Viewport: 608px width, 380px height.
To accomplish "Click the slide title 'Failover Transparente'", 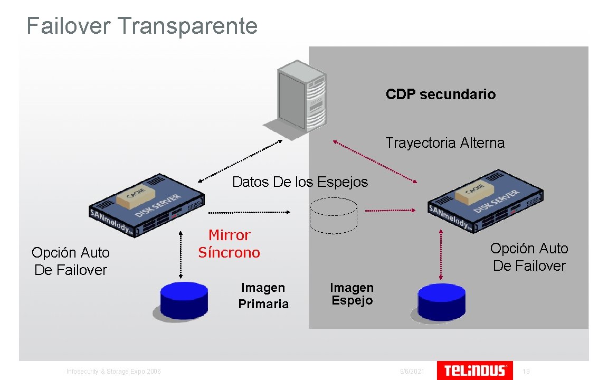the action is coord(142,25).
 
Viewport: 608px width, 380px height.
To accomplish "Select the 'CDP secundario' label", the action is coord(441,94).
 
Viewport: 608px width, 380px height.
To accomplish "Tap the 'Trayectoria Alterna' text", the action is coord(445,143).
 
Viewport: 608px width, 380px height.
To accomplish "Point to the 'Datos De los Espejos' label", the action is coord(300,182).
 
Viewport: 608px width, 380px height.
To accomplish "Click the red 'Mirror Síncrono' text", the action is coord(229,244).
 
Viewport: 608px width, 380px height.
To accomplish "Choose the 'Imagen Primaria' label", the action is coord(263,296).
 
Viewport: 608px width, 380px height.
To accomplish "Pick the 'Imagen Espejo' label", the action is coord(351,294).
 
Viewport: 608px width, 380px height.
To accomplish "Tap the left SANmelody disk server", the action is coord(147,205).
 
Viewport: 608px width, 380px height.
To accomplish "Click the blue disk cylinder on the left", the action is coord(184,301).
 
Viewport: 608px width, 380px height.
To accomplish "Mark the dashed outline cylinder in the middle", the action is coord(333,215).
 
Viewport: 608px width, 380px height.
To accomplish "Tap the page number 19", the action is coord(526,372).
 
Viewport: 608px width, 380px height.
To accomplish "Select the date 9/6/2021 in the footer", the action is coord(412,372).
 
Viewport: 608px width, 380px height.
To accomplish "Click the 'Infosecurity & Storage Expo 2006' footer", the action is coord(113,372).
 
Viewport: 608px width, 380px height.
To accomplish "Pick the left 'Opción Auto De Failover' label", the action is coord(70,261).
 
